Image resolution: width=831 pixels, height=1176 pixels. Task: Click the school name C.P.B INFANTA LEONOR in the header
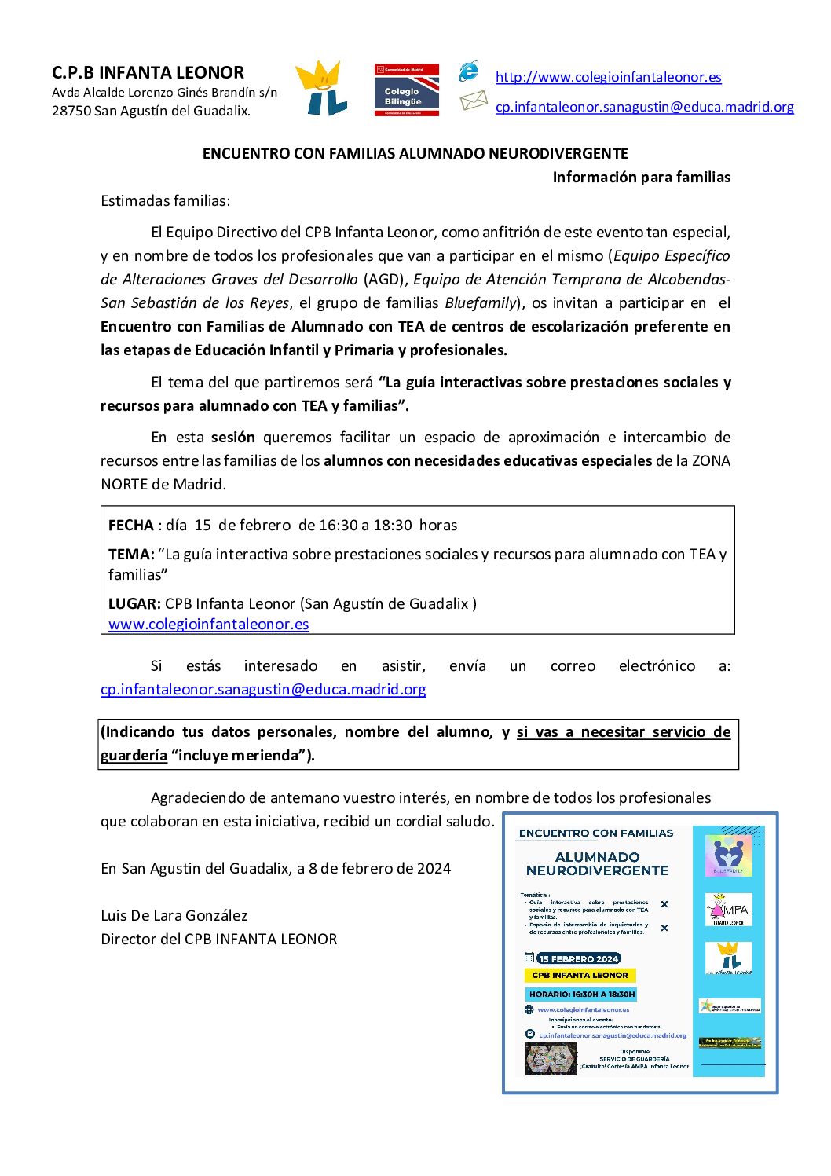click(148, 73)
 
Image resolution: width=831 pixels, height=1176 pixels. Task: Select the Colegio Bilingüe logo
click(406, 90)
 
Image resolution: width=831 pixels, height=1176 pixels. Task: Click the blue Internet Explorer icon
click(469, 71)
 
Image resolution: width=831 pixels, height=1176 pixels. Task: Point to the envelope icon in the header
click(474, 101)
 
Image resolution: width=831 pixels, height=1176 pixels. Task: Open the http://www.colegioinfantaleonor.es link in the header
click(608, 77)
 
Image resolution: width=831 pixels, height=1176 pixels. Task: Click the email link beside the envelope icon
click(644, 107)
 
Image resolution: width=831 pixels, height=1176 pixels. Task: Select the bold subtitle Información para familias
click(641, 178)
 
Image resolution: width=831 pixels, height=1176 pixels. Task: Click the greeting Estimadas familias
click(165, 201)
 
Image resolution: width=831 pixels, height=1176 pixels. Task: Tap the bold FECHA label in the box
click(131, 526)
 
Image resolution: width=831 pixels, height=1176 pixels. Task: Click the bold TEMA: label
click(131, 555)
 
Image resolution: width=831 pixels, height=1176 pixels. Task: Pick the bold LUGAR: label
click(134, 604)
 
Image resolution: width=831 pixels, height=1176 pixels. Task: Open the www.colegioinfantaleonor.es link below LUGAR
click(209, 625)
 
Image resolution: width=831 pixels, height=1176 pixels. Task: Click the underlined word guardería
click(134, 756)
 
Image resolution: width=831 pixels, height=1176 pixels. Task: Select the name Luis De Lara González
click(174, 916)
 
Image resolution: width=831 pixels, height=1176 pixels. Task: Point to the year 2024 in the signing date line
click(434, 869)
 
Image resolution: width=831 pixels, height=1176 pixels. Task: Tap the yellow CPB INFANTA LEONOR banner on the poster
click(580, 976)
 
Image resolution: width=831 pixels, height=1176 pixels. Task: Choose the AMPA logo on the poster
click(728, 910)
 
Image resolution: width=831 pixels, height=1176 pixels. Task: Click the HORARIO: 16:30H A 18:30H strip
click(581, 995)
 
